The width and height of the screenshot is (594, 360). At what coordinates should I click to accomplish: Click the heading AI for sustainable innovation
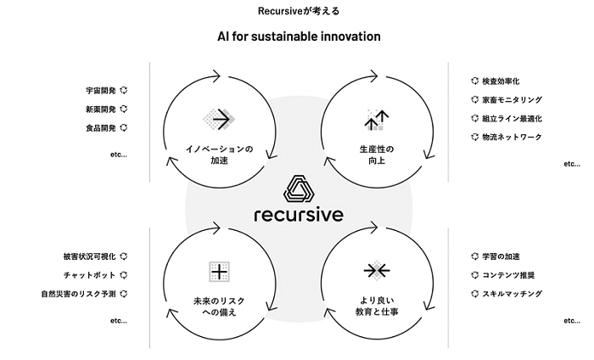pos(299,37)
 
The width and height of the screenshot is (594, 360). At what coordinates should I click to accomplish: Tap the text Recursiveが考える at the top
pos(299,11)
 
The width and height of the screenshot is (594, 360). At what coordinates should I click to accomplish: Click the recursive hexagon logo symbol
pos(299,188)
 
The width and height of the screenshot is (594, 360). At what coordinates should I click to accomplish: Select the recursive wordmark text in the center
pos(299,215)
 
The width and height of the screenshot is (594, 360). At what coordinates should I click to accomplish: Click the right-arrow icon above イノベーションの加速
pos(219,120)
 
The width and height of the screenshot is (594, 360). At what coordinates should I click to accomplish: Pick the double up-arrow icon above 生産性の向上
pos(377,120)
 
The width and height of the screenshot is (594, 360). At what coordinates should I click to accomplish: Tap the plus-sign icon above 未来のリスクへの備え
pos(219,272)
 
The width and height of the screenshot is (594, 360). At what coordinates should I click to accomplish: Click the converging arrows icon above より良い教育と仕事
pos(377,271)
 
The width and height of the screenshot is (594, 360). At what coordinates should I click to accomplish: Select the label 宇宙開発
pos(101,91)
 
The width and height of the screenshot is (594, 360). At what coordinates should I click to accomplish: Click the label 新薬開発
pos(101,110)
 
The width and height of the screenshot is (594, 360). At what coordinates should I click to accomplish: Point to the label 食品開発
pos(101,128)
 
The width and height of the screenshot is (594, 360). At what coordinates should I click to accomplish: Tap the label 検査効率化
pos(501,82)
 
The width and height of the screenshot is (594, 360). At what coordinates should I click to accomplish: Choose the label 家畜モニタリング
pos(513,99)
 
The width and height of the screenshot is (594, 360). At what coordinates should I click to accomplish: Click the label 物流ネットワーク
pos(513,137)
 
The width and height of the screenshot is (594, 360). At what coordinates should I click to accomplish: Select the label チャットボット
pos(89,275)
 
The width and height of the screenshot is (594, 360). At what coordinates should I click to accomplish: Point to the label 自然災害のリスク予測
pos(78,294)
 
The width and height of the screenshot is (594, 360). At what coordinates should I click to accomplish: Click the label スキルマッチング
pos(513,294)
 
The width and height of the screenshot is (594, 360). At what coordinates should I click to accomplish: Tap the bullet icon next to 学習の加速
pos(474,256)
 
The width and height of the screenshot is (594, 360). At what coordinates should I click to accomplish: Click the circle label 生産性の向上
pos(377,155)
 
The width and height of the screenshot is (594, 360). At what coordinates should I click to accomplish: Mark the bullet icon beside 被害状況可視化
pos(124,256)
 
